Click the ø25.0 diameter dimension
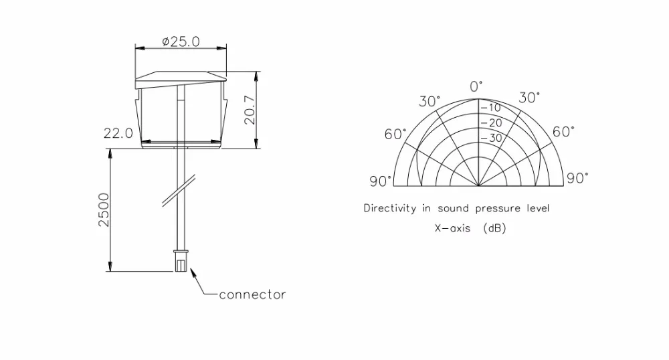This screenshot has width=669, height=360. [x=181, y=41]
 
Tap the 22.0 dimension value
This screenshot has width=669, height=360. [x=118, y=134]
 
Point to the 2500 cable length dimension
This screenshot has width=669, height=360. [x=104, y=210]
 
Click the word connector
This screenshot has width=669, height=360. [x=252, y=294]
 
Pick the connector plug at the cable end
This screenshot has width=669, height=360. [x=181, y=260]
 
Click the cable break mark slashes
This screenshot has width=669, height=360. [x=179, y=191]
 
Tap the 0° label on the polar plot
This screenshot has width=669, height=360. [x=476, y=86]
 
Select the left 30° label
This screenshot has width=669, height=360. [x=429, y=102]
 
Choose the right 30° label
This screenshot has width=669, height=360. [x=529, y=98]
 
